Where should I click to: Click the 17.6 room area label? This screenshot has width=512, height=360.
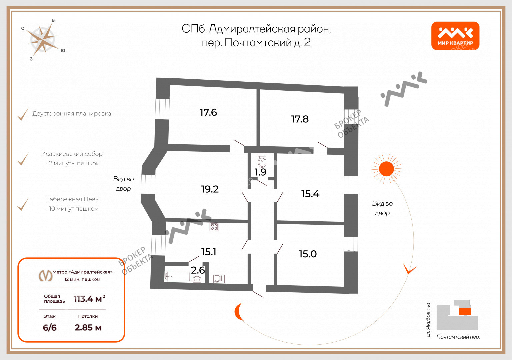[x=208, y=112]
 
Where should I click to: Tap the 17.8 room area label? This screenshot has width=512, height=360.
[x=300, y=119]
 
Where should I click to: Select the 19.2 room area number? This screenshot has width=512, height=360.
[x=210, y=189]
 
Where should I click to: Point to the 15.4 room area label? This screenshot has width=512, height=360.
[x=310, y=194]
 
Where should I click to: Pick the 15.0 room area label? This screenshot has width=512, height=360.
[x=308, y=254]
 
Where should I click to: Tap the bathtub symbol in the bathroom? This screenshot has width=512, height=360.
[x=178, y=276]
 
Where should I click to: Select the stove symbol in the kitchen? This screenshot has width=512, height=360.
[x=214, y=227]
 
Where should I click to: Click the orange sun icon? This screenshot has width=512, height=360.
[x=386, y=169]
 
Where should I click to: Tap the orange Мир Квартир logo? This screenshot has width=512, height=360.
[x=455, y=36]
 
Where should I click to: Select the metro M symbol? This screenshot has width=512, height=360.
[x=45, y=275]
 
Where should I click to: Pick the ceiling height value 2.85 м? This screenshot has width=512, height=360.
[x=88, y=328]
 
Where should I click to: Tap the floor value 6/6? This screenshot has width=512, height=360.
[x=50, y=328]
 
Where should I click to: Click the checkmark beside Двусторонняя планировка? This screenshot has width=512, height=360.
[x=23, y=114]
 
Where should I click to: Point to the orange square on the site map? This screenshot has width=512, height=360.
[x=465, y=312]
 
